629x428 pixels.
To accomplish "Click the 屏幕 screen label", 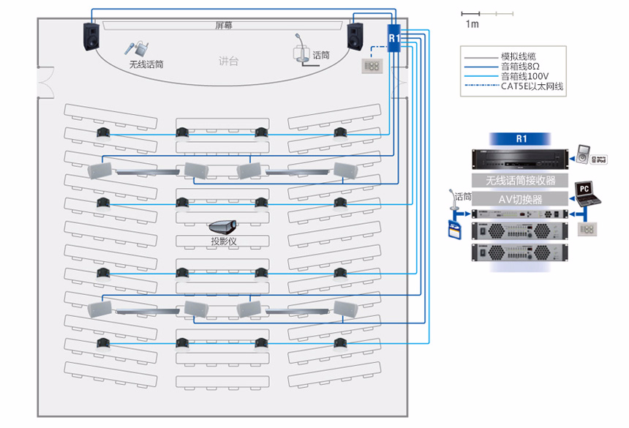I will (x=224, y=26).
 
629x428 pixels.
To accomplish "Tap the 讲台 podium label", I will (x=228, y=61).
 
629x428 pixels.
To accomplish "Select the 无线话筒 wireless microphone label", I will (x=146, y=64).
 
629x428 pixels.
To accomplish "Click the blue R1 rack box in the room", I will (x=393, y=37).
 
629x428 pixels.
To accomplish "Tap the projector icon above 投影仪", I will (x=222, y=227).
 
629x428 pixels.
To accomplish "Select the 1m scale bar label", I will (x=472, y=24).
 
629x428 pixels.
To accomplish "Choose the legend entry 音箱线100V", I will (x=525, y=76).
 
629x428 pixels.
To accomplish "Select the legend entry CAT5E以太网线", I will (x=532, y=86).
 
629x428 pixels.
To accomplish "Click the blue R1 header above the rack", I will (x=521, y=138).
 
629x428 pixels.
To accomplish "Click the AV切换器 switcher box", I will (x=521, y=198).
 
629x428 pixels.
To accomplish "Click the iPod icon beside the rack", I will (x=584, y=155).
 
